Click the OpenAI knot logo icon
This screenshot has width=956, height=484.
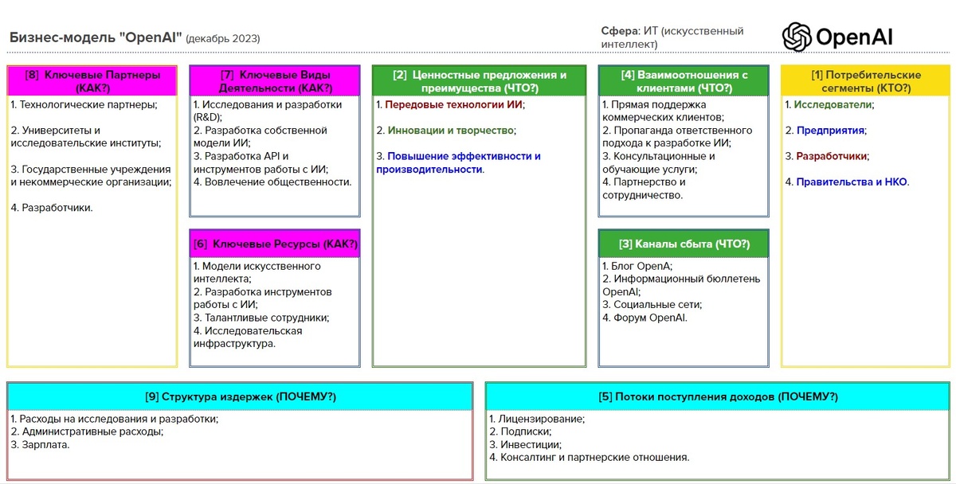click(797, 37)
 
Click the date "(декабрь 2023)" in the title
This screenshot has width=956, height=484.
click(223, 38)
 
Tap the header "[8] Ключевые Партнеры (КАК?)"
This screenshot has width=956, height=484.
click(92, 80)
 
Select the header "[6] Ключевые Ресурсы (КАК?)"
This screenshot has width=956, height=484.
click(275, 244)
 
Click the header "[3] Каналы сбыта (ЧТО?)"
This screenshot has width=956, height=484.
click(684, 244)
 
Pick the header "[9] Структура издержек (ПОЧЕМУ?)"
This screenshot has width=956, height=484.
click(240, 396)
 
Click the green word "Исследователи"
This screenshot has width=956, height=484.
click(834, 104)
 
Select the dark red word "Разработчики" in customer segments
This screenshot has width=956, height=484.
click(832, 156)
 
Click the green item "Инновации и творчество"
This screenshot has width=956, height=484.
click(451, 130)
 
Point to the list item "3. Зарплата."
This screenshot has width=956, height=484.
click(40, 444)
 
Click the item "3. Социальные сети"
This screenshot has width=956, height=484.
click(652, 305)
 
